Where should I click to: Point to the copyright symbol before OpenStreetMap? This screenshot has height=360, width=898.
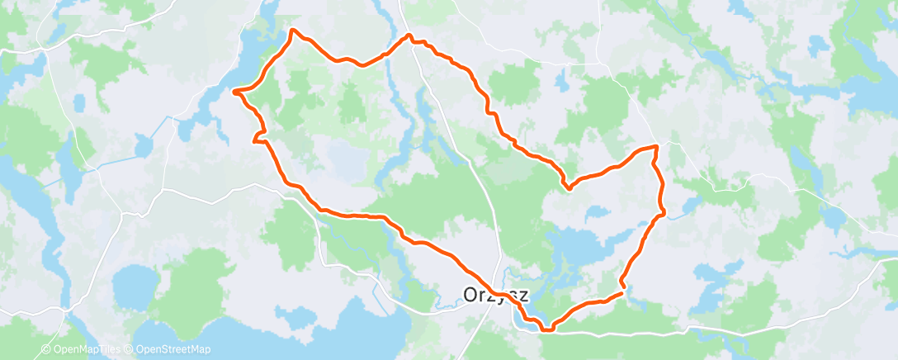(130, 349)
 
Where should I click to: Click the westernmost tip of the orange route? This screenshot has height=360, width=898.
(235, 91)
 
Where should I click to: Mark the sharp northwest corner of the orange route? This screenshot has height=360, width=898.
(292, 31)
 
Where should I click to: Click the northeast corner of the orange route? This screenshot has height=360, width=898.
(656, 146)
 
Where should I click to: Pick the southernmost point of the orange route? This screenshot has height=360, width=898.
(546, 330)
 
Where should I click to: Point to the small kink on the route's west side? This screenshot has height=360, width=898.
(258, 136)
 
